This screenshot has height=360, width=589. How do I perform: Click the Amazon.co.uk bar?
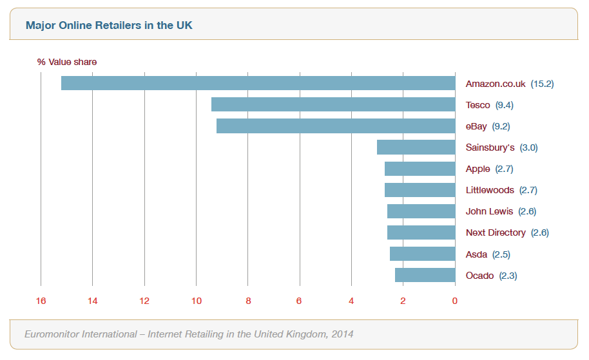click(258, 83)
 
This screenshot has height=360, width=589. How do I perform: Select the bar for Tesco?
click(333, 104)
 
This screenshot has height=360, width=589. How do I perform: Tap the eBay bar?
click(335, 126)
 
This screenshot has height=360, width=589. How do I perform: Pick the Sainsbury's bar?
click(416, 147)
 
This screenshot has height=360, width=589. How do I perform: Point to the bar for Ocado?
click(425, 275)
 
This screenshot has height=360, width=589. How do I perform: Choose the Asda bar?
click(422, 254)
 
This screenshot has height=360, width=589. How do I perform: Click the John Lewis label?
click(489, 211)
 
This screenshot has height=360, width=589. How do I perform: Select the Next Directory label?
click(496, 232)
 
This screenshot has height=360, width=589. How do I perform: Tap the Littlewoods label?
click(490, 190)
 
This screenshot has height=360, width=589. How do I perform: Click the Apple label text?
click(478, 169)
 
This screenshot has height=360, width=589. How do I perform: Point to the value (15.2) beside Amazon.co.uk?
click(542, 84)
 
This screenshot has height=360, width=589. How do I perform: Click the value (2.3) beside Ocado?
click(508, 276)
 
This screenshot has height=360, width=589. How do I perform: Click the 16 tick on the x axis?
click(41, 301)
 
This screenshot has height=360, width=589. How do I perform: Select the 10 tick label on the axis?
click(196, 301)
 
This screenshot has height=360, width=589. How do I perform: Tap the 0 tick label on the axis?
click(454, 301)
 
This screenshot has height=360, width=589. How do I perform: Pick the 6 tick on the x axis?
click(299, 301)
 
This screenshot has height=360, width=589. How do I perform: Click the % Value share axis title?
click(66, 62)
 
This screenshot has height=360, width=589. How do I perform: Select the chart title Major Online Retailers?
click(109, 26)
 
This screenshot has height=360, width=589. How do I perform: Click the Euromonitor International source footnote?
click(188, 334)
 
